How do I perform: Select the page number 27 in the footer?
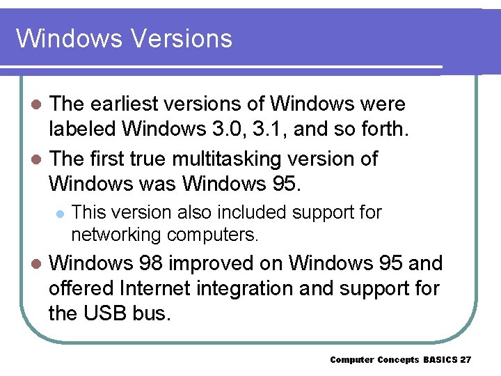pos(466,359)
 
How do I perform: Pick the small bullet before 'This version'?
pos(60,212)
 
